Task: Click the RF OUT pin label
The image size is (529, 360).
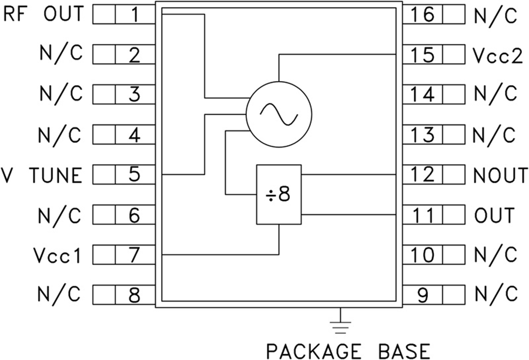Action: click(x=45, y=14)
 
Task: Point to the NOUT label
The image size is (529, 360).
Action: click(x=501, y=175)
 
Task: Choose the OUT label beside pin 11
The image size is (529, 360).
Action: click(x=494, y=216)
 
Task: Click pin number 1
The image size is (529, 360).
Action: click(x=135, y=14)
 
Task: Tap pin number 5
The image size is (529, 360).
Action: click(x=135, y=175)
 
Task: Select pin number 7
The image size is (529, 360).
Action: click(x=135, y=255)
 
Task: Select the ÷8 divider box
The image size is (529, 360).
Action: click(x=279, y=194)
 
